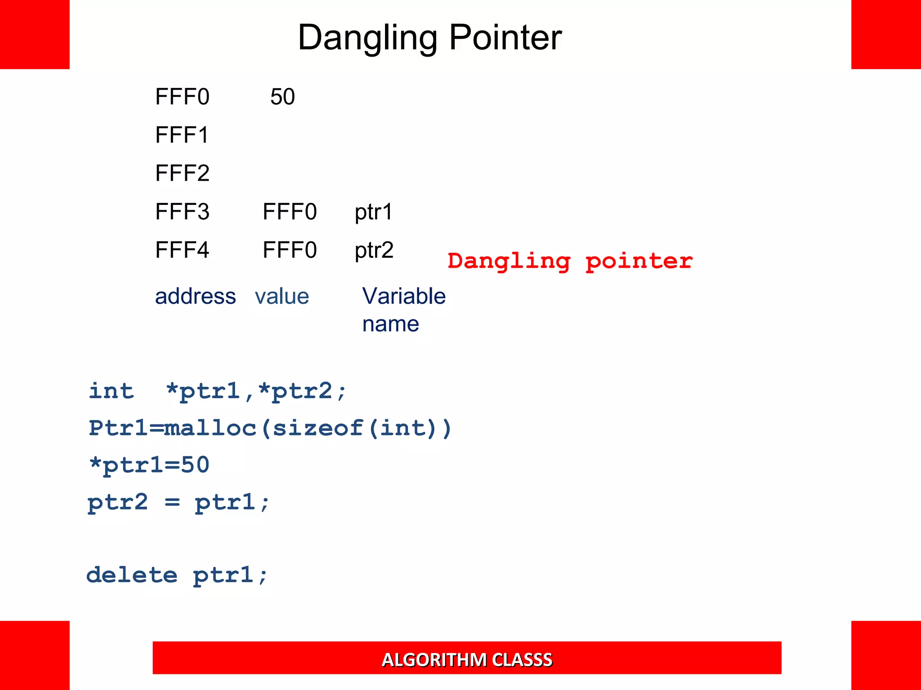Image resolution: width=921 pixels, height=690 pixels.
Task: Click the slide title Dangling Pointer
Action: click(429, 38)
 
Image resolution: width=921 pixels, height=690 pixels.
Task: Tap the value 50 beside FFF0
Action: click(282, 97)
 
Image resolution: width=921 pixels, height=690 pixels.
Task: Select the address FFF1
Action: click(182, 135)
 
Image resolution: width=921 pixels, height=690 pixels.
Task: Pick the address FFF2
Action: click(182, 173)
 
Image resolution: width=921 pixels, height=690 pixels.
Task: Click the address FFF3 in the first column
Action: click(182, 212)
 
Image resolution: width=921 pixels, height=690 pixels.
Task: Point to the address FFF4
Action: click(182, 250)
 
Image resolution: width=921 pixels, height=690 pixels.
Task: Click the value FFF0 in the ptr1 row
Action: click(290, 212)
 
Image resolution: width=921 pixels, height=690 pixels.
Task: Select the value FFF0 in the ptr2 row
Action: click(290, 250)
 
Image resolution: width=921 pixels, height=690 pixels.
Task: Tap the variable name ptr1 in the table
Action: click(374, 212)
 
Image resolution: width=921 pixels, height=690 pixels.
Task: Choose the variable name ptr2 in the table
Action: click(374, 250)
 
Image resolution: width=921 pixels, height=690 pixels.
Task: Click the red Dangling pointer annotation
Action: click(570, 261)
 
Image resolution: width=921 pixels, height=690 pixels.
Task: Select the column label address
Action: click(195, 296)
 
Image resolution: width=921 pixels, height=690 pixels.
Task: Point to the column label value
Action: click(282, 296)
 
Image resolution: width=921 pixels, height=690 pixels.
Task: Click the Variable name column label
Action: click(403, 310)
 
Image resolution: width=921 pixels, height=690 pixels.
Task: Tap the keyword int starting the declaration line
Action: click(111, 391)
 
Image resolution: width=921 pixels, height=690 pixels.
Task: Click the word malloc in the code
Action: click(210, 428)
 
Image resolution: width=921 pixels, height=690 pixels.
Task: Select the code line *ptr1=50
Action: click(149, 465)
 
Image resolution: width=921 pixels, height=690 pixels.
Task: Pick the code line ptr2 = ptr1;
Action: click(179, 502)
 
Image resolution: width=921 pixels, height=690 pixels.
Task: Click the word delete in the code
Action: click(132, 575)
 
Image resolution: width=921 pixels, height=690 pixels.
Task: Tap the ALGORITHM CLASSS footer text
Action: click(467, 659)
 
